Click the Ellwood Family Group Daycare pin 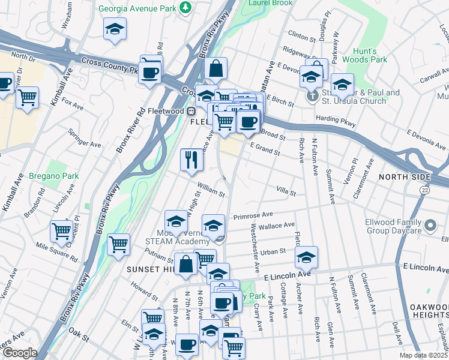click(x=430, y=226)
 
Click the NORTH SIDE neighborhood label click(x=405, y=177)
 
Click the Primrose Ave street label click(x=253, y=214)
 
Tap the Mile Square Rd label click(x=57, y=252)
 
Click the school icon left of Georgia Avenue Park click(x=114, y=29)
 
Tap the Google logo click(x=19, y=353)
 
